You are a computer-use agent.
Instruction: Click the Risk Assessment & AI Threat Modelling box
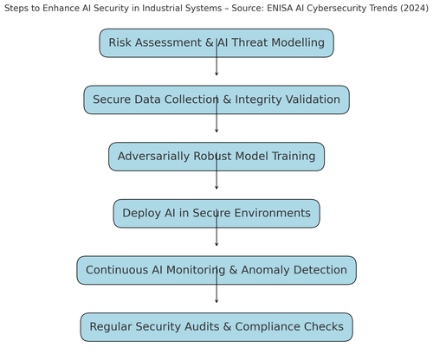(216, 43)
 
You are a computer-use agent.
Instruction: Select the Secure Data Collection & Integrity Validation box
(216, 100)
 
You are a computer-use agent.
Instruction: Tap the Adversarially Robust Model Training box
(216, 157)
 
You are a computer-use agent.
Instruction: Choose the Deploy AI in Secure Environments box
(216, 214)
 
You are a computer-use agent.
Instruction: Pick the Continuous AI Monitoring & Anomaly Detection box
(216, 270)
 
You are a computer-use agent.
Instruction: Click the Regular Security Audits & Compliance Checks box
(216, 327)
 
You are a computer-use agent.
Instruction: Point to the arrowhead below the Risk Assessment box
(216, 74)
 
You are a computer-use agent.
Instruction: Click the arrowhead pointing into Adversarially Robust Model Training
(216, 131)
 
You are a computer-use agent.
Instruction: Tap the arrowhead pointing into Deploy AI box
(216, 188)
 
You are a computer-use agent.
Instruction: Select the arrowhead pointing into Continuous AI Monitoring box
(216, 245)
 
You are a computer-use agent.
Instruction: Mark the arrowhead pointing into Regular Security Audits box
(216, 301)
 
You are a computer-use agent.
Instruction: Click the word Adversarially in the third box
(154, 157)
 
